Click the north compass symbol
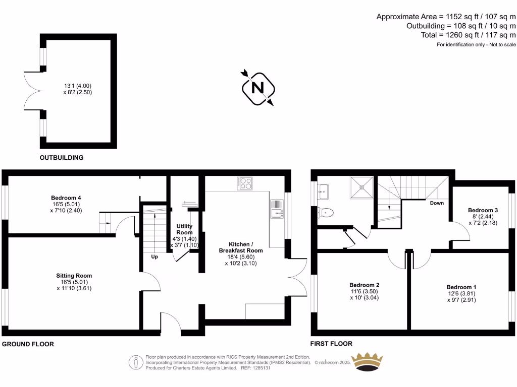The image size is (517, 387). [258, 88]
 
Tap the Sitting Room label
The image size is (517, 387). [74, 276]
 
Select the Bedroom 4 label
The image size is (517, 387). [66, 198]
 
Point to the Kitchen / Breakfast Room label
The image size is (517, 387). [241, 247]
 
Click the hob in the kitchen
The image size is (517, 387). [244, 183]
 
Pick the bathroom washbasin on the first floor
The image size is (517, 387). [323, 191]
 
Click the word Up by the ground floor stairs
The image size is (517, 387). [154, 256]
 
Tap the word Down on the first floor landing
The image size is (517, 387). [437, 203]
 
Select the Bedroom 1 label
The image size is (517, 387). [461, 287]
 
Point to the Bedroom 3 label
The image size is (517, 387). [483, 210]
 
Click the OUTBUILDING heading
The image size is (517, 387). [61, 158]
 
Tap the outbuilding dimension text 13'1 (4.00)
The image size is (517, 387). [78, 86]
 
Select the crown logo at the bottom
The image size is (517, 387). [367, 362]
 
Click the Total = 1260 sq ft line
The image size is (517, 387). [468, 35]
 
